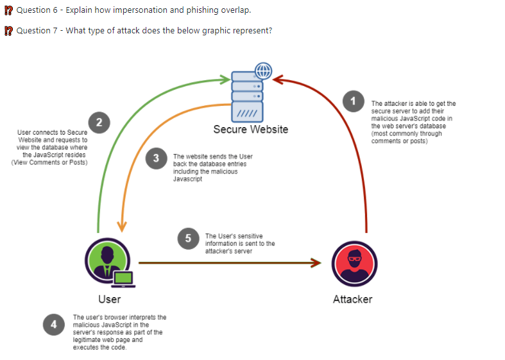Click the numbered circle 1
point(354,101)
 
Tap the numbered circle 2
point(99,123)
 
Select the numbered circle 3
point(156,158)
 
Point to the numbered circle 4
point(54,325)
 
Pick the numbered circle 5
point(189,239)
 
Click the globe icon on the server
point(264,71)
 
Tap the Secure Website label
point(250,130)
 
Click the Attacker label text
point(353,300)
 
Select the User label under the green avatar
point(110,300)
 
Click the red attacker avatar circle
point(355,264)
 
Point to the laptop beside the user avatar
point(123,279)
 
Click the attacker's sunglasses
point(355,258)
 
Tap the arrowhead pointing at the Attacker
point(316,262)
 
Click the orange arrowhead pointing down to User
point(122,227)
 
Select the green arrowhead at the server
point(225,80)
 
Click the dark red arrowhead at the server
point(278,80)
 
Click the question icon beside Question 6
point(9,11)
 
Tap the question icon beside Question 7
point(9,31)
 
